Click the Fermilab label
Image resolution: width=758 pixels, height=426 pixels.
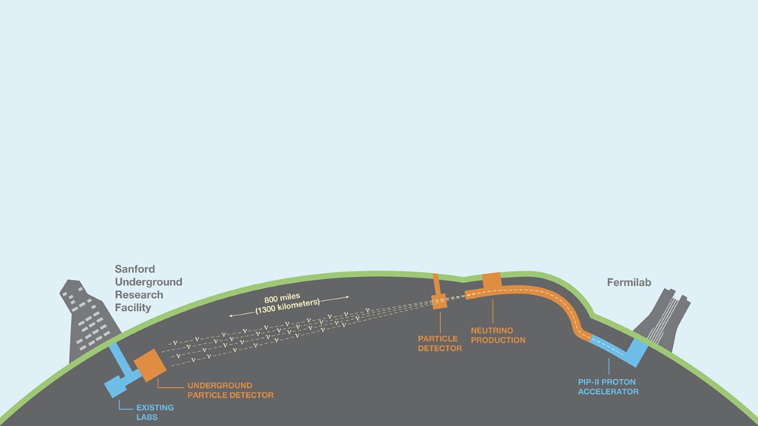click(x=629, y=283)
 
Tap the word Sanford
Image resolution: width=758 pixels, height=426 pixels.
click(x=134, y=269)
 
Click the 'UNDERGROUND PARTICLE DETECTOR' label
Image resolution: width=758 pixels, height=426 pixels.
click(x=230, y=390)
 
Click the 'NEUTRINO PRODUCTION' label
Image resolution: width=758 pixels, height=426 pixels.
click(x=498, y=335)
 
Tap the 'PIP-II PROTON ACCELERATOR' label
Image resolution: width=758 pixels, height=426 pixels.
click(x=608, y=387)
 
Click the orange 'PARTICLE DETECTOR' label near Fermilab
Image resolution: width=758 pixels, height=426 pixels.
click(x=439, y=344)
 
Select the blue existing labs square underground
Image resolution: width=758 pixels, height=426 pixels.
click(x=117, y=386)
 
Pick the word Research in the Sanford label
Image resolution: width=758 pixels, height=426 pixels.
click(x=139, y=294)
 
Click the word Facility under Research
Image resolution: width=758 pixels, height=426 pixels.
click(x=133, y=308)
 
